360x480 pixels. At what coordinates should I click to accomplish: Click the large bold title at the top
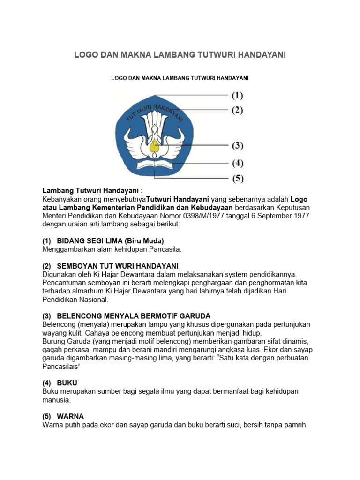click(x=180, y=55)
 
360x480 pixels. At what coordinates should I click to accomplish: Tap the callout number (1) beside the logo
click(x=238, y=96)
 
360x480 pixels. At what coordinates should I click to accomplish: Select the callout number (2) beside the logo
click(x=238, y=111)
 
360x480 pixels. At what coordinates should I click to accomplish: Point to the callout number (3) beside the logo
click(x=238, y=146)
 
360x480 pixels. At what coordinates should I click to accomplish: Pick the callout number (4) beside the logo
click(x=238, y=164)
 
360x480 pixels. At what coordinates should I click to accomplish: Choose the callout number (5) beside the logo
click(x=238, y=179)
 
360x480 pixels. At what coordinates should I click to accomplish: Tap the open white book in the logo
click(x=154, y=165)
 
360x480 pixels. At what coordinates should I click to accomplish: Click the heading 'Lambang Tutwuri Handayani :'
click(x=86, y=191)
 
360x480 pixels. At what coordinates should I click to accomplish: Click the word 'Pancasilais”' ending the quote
click(x=61, y=366)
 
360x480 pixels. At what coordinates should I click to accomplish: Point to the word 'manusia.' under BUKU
click(x=56, y=400)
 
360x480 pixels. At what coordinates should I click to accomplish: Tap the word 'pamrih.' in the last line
click(x=296, y=425)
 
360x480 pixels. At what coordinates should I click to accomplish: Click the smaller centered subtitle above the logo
click(x=180, y=78)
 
